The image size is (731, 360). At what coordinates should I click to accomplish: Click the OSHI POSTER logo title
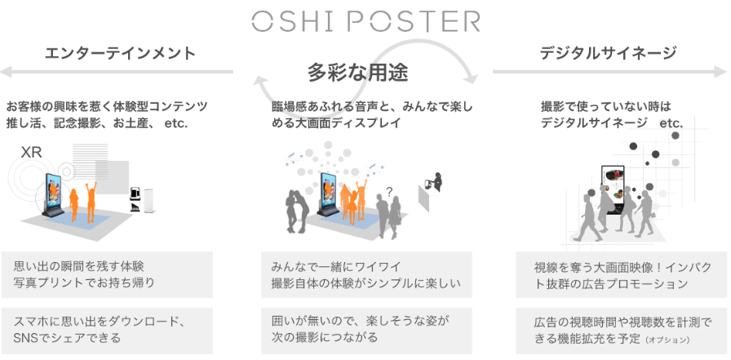point(365,20)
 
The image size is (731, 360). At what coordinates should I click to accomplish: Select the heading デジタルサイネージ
point(608,54)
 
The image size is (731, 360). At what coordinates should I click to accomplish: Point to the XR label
point(32,152)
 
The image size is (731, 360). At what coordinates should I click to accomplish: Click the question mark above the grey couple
point(389,192)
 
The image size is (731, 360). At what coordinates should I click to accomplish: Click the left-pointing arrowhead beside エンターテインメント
point(5,71)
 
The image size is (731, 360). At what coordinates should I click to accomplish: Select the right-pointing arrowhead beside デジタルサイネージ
point(724,71)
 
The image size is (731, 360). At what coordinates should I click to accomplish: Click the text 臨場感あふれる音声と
point(327,107)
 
